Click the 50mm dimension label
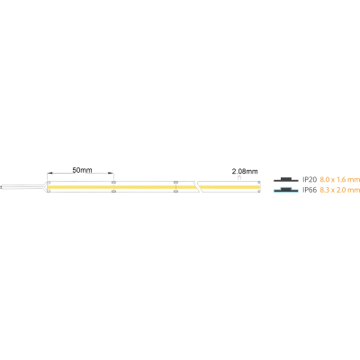(82, 170)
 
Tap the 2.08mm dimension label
(245, 172)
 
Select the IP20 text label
(310, 180)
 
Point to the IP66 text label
(310, 190)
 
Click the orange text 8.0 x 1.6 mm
(339, 180)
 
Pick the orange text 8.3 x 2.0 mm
(339, 190)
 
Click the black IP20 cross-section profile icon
(286, 180)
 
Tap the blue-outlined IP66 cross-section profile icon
(286, 190)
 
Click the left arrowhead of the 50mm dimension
(49, 173)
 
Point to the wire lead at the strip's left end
(22, 187)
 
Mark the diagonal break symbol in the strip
(198, 186)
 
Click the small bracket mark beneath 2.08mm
(239, 177)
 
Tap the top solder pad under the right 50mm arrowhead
(113, 182)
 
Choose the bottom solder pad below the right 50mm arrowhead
(113, 191)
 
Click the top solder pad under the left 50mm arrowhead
(49, 183)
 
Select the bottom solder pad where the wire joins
(49, 191)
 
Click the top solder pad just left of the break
(175, 182)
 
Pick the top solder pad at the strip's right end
(259, 183)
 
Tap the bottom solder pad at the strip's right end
(259, 191)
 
